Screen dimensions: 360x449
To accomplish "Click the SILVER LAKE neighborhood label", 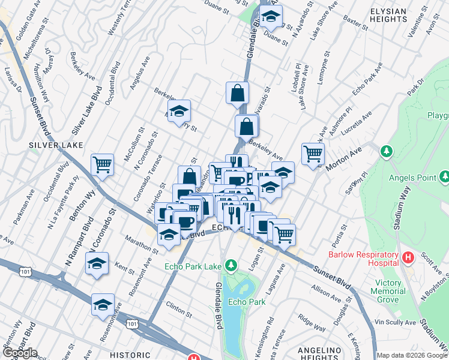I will point(52,145).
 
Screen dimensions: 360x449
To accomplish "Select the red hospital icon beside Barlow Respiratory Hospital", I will point(409,257).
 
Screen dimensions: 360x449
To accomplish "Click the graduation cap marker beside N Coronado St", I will point(97,263).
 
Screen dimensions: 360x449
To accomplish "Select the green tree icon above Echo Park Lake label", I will point(231,265).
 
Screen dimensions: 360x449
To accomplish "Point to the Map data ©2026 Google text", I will point(412,355).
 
